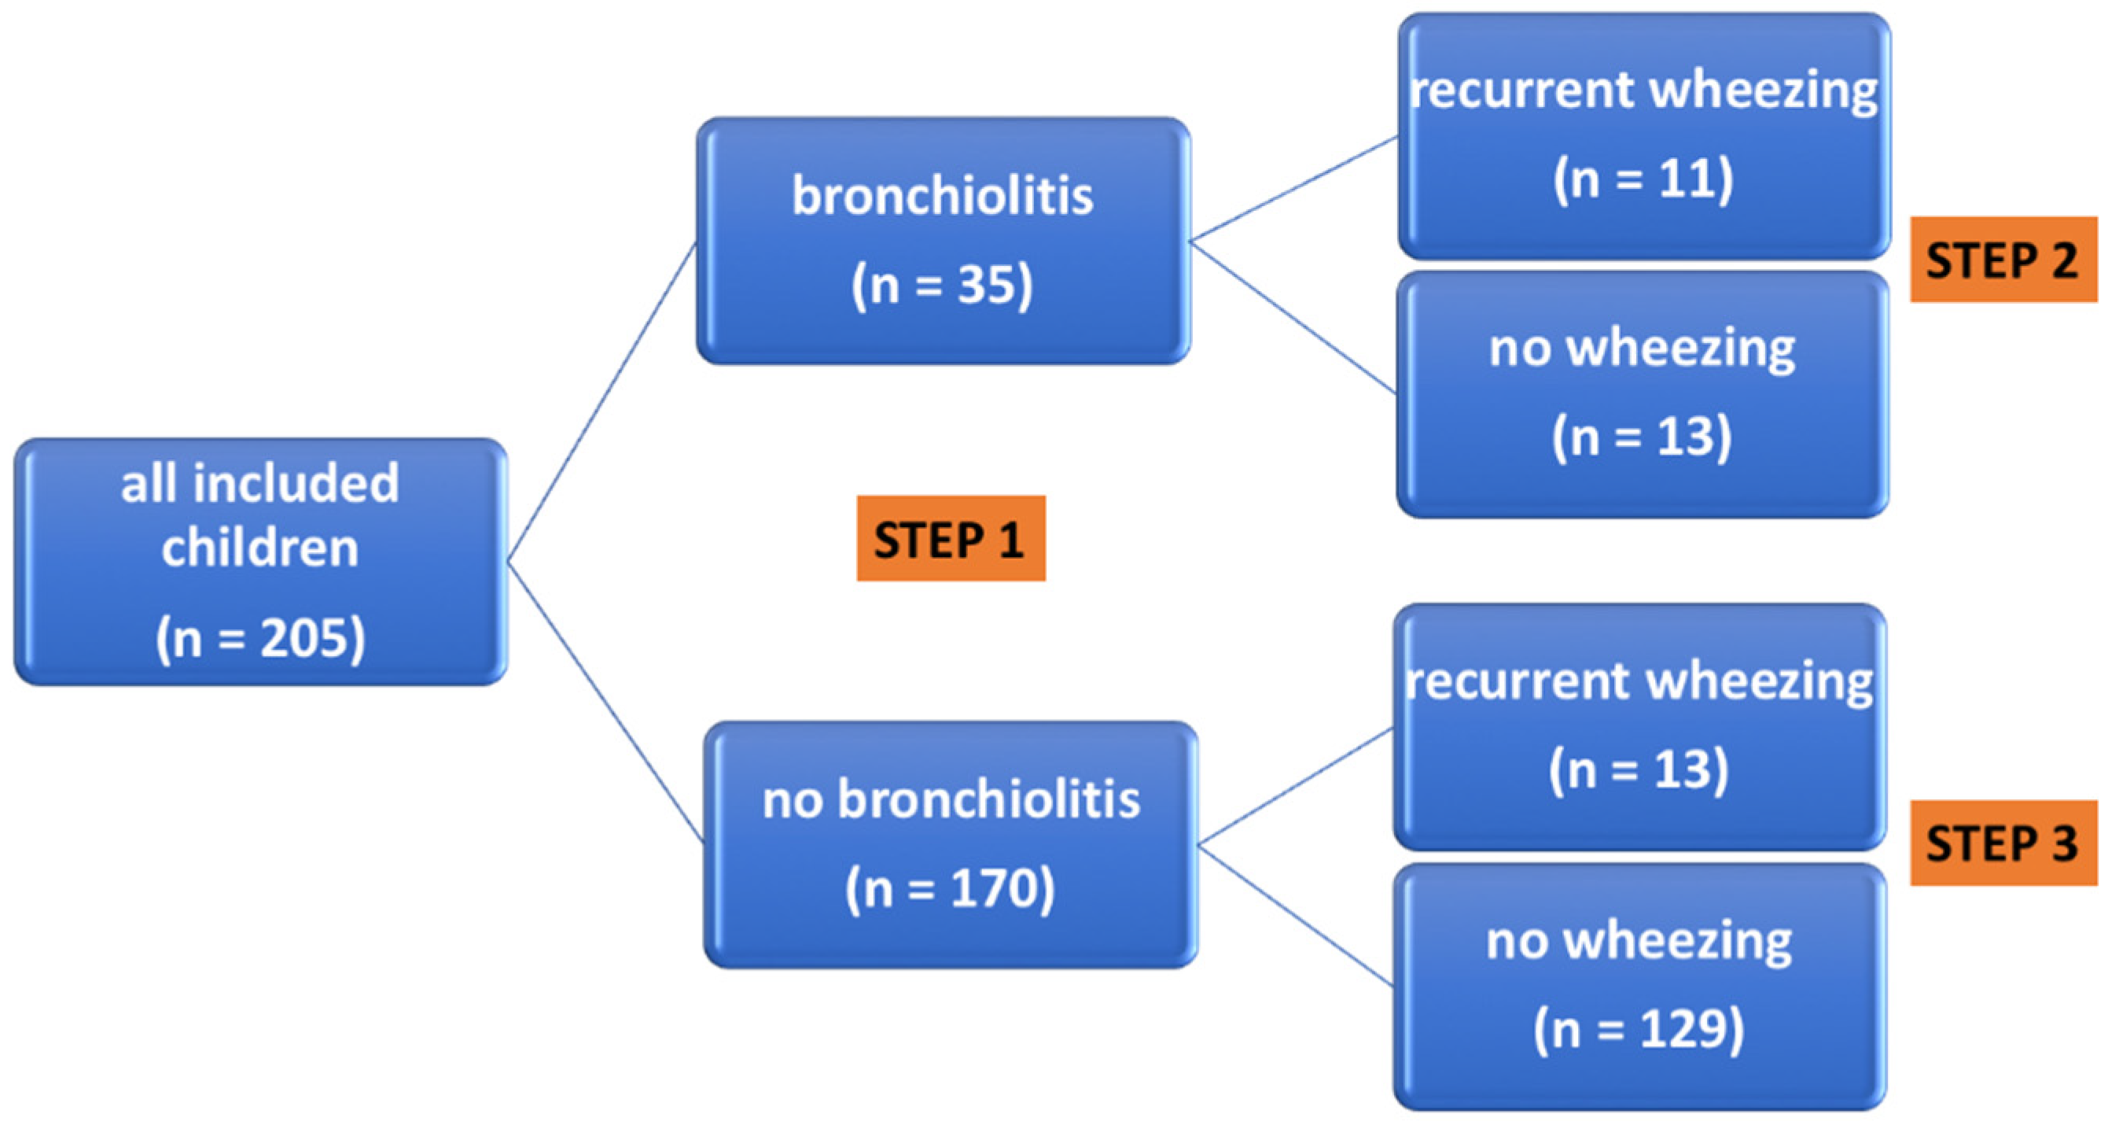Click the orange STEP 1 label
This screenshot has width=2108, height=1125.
(950, 539)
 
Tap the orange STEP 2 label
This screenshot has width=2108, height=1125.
(2003, 260)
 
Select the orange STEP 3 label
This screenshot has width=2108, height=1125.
(2003, 843)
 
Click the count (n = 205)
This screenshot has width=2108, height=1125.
(260, 638)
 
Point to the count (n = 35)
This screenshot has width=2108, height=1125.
(942, 285)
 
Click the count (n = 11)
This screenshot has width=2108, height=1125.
(1643, 178)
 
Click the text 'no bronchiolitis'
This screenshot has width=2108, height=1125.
(951, 799)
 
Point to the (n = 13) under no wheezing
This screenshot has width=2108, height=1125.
(1642, 436)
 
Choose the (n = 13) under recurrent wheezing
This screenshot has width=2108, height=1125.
(1639, 769)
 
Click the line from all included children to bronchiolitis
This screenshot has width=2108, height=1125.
(601, 401)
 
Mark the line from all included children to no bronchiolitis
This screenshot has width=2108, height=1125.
(605, 702)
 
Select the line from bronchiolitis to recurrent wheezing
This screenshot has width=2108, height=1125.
(1293, 189)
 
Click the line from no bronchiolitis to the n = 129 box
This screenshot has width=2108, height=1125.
(1296, 915)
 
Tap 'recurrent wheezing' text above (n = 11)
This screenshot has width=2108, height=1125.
(1643, 89)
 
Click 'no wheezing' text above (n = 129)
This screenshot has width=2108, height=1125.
(1639, 941)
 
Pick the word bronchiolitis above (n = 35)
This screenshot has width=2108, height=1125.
(942, 197)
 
